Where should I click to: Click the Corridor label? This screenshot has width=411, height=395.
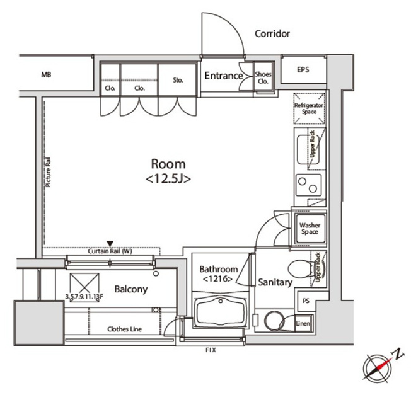272,33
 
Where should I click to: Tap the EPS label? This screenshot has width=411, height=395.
303,69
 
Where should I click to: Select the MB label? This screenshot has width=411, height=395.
46,74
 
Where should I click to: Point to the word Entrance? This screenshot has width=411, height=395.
224,76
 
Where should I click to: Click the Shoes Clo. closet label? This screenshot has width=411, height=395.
263,77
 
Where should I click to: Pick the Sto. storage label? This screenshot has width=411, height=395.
178,80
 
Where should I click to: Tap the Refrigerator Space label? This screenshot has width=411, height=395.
309,108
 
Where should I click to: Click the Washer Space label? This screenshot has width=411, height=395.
310,229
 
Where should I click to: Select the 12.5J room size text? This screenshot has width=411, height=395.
168,179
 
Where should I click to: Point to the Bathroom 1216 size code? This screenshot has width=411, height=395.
218,278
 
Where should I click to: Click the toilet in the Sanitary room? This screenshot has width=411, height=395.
301,269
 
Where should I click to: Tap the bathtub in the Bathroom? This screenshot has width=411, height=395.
221,311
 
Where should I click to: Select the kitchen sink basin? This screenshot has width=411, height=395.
308,150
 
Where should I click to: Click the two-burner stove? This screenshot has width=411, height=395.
309,185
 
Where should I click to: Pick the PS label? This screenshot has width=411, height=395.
306,301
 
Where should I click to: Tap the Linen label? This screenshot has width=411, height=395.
303,323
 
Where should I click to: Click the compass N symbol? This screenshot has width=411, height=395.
399,354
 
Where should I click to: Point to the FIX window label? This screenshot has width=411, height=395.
211,350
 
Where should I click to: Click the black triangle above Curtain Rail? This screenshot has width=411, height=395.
110,243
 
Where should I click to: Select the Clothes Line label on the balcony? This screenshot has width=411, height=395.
125,329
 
